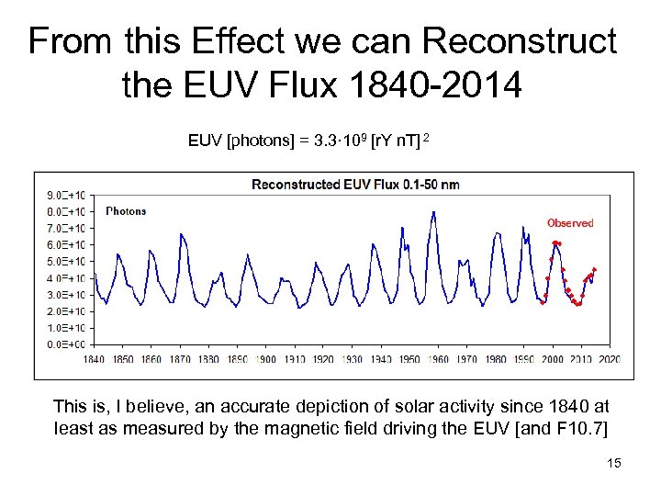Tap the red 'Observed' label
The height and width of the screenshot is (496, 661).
tap(570, 223)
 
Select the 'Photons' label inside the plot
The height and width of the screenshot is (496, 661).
tap(126, 211)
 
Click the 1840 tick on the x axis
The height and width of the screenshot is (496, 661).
tap(95, 359)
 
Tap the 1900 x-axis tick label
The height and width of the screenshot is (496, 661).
tap(266, 359)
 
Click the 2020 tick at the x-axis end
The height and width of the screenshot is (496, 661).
tap(609, 359)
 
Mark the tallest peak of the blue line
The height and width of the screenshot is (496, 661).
tap(433, 212)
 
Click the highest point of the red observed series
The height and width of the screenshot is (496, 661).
tap(555, 242)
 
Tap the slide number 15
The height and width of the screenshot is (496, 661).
tap(614, 463)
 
